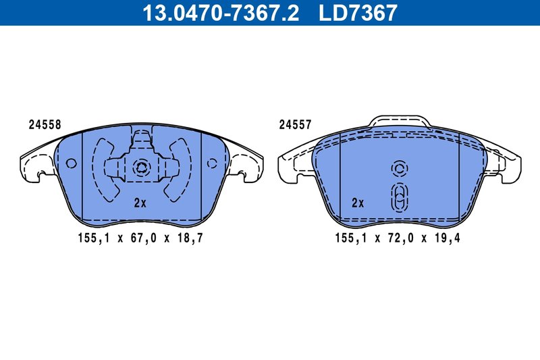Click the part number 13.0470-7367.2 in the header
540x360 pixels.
219,13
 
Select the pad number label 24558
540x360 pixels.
45,124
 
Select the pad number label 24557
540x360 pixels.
296,124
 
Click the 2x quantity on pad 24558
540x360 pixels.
140,203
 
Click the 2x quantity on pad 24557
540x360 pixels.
358,203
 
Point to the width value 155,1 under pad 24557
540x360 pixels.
350,238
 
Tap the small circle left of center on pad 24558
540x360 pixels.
72,163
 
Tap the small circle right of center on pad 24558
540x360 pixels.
211,163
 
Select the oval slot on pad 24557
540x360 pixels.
399,197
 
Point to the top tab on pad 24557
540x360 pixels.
399,122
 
